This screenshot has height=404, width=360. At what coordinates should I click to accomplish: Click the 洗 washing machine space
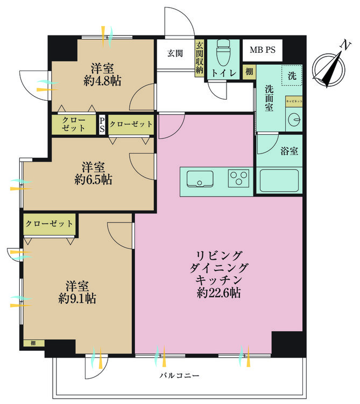click(x=291, y=76)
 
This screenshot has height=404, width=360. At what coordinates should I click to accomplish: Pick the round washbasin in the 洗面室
click(x=293, y=120)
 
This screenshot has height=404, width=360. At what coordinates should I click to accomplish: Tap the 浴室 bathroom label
click(x=288, y=151)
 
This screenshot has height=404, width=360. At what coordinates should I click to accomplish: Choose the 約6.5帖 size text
click(x=94, y=180)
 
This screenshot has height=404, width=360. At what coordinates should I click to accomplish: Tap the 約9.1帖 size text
click(x=77, y=298)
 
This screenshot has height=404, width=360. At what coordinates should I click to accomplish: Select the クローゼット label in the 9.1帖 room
click(x=49, y=224)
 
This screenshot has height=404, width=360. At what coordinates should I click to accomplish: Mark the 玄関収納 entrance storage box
click(x=199, y=59)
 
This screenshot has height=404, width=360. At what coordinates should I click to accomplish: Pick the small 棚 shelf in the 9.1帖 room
click(x=33, y=343)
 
